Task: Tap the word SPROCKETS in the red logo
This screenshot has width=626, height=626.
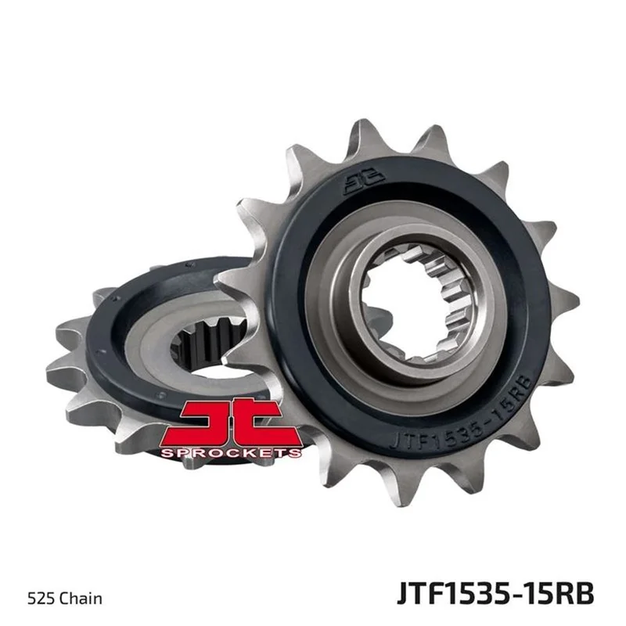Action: pyautogui.click(x=231, y=452)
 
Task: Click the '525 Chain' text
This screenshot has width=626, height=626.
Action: pyautogui.click(x=65, y=599)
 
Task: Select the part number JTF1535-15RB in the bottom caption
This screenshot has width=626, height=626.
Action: pyautogui.click(x=495, y=594)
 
